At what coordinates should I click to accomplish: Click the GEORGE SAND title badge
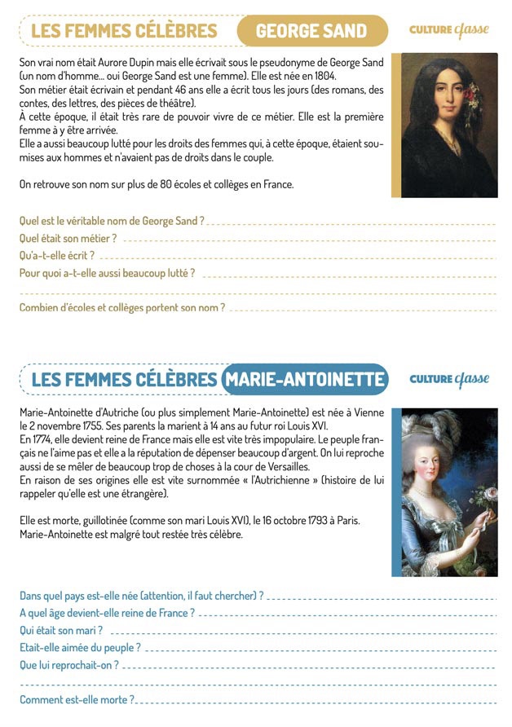311,31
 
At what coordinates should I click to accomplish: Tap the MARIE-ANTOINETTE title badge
304,380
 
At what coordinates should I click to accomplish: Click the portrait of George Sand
444,125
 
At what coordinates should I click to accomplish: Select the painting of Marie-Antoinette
444,492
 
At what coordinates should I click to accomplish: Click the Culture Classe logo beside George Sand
448,30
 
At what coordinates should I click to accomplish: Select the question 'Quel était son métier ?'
68,238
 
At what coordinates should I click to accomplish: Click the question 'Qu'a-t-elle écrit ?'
63,255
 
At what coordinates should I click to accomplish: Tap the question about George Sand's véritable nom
112,221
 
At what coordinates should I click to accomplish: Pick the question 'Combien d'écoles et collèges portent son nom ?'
121,307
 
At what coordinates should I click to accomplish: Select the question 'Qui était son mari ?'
61,630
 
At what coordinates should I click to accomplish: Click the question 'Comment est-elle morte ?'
77,699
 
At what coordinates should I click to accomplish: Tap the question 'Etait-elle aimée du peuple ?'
80,647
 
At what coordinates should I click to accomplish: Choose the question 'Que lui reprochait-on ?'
69,664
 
